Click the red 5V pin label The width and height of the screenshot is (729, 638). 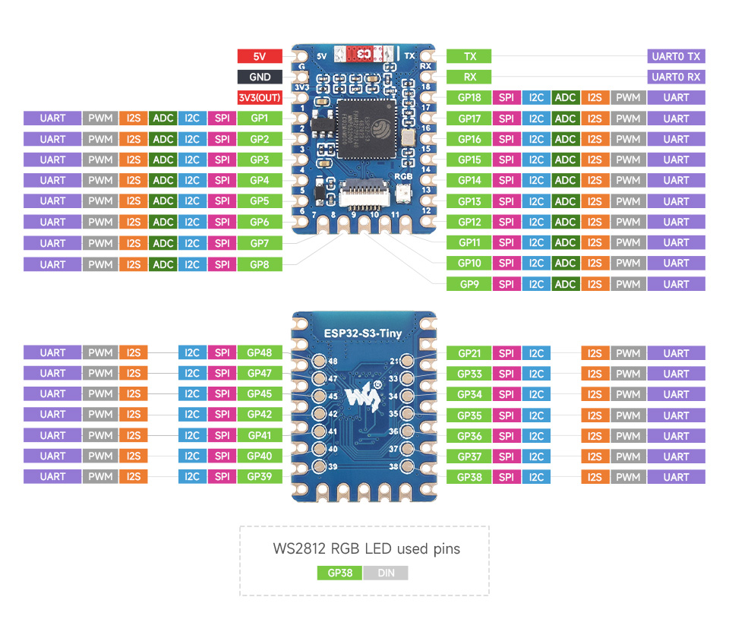260,56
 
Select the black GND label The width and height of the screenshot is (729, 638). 260,77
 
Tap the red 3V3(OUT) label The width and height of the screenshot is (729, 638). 260,97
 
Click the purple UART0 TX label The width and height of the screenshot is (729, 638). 676,56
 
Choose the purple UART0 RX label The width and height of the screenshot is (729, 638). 676,77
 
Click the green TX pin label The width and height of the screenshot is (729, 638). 469,56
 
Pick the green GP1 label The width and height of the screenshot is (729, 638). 260,118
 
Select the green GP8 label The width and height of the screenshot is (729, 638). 260,264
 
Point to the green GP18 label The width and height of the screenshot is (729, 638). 469,97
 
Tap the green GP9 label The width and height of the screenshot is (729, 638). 469,284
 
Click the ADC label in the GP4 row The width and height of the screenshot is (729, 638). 163,181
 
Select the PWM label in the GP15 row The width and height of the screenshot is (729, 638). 628,159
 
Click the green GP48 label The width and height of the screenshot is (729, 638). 260,352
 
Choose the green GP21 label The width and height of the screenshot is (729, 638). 469,353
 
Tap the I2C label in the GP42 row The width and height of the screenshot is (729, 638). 192,415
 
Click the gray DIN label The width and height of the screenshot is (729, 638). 386,573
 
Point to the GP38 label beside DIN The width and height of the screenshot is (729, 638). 339,573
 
